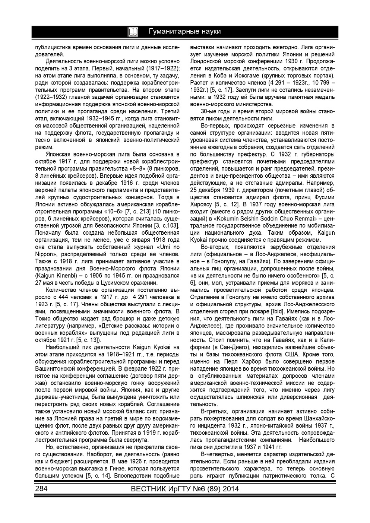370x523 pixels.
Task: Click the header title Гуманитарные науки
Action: [x=184, y=31]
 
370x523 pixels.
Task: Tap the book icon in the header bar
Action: [x=133, y=32]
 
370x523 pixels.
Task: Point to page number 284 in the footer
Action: [x=41, y=489]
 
